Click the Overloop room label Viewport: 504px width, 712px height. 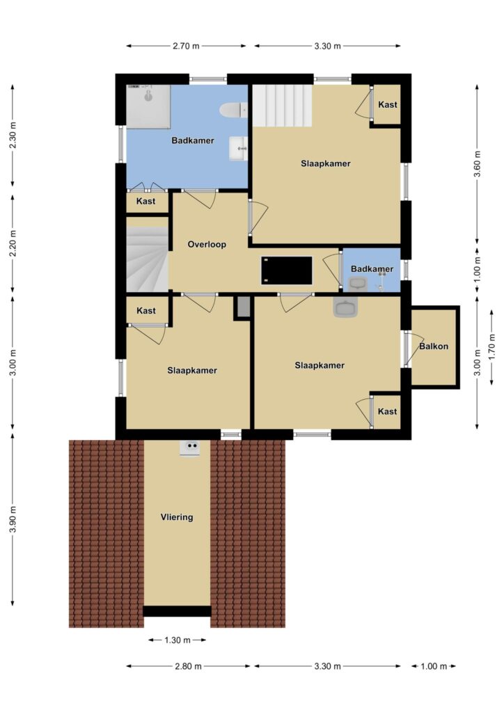tap(207, 244)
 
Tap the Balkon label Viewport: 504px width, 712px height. tap(434, 346)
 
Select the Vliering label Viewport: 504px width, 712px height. tap(177, 517)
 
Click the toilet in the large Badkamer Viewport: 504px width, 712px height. tap(234, 110)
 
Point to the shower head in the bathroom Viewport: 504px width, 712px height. tap(148, 95)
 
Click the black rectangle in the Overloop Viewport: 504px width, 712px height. tap(286, 270)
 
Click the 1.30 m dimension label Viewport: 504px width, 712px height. tap(178, 640)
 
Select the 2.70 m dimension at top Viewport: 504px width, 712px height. tap(186, 46)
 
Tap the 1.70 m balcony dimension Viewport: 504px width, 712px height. tap(491, 346)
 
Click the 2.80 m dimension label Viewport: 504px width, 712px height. tap(188, 667)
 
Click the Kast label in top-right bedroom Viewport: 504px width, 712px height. tap(388, 104)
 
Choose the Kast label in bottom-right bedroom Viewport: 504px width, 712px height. tap(388, 412)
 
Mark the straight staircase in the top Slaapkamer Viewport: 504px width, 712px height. tap(282, 106)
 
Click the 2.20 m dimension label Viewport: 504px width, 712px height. tap(13, 243)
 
